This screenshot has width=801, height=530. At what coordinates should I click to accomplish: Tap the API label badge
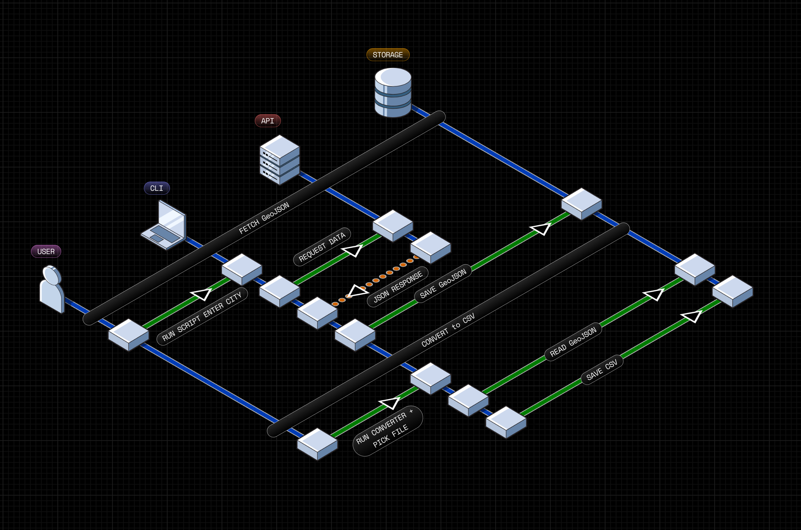coord(267,121)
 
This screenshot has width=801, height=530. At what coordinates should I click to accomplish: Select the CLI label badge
coord(157,188)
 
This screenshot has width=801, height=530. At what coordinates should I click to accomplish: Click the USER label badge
coord(46,252)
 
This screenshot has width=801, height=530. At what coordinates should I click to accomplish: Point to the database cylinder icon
coord(393,92)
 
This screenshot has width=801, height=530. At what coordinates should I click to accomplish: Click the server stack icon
coord(279,159)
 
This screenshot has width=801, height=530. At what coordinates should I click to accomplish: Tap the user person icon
coord(52,289)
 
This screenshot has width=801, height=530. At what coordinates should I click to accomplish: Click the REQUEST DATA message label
coord(322,247)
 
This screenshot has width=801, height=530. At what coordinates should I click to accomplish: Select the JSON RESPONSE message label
coord(398,287)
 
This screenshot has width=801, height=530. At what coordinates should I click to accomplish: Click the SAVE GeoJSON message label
coord(443,283)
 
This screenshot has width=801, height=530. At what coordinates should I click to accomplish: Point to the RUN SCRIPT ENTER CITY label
coord(202,316)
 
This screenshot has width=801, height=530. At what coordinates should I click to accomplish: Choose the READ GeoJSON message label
coord(573,342)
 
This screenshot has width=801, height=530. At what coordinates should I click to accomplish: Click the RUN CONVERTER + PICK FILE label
coord(387,431)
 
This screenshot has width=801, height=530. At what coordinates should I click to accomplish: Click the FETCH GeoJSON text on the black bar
coord(264,218)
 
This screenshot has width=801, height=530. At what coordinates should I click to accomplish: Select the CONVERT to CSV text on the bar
coord(448,330)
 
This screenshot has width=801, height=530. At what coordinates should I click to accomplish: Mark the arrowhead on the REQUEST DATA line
coord(353,251)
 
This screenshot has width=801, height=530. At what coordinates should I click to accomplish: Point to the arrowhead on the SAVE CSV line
coord(692,316)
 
